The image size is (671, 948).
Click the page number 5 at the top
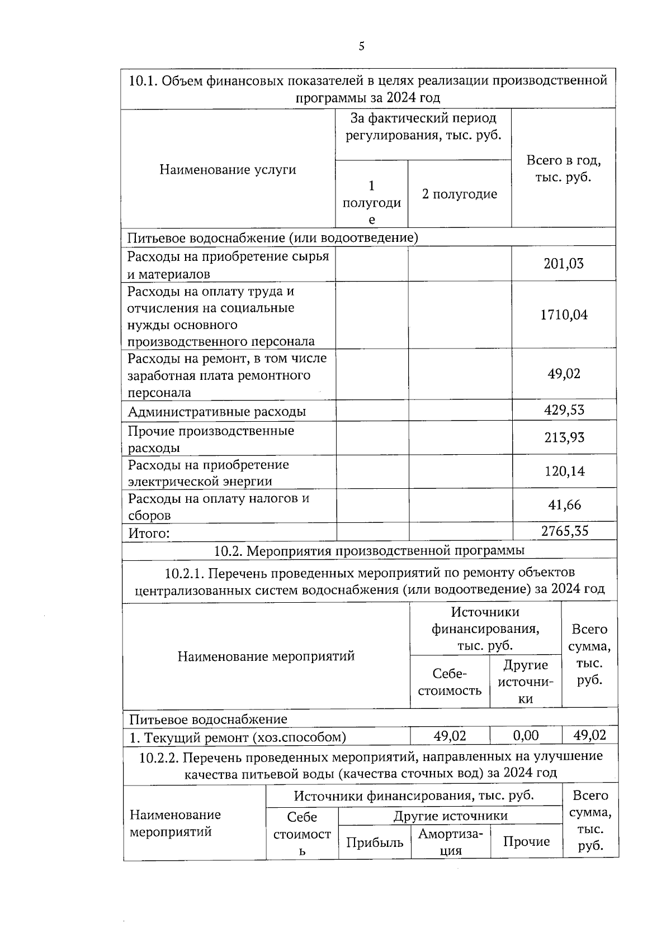pyautogui.click(x=361, y=46)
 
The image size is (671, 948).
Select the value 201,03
pyautogui.click(x=564, y=264)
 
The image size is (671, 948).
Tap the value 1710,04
pyautogui.click(x=564, y=315)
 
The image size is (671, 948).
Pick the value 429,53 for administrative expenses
pyautogui.click(x=564, y=411)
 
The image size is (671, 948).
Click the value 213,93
pyautogui.click(x=564, y=437)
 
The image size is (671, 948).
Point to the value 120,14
pyautogui.click(x=564, y=471)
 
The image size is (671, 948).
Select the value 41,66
pyautogui.click(x=564, y=505)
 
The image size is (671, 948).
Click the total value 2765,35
pyautogui.click(x=564, y=531)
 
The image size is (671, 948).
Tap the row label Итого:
pyautogui.click(x=149, y=533)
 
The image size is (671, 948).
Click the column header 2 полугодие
pyautogui.click(x=459, y=194)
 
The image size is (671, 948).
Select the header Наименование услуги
pyautogui.click(x=228, y=170)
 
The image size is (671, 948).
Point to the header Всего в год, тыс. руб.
pyautogui.click(x=563, y=169)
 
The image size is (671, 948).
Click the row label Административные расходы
pyautogui.click(x=217, y=412)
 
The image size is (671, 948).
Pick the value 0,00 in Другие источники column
pyautogui.click(x=526, y=736)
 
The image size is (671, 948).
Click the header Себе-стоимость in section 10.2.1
pyautogui.click(x=450, y=682)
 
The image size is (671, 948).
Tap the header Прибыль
pyautogui.click(x=374, y=842)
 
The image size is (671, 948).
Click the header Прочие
pyautogui.click(x=526, y=842)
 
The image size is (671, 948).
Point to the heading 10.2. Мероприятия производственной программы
pyautogui.click(x=369, y=551)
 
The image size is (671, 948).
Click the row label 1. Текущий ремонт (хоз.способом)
pyautogui.click(x=238, y=737)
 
